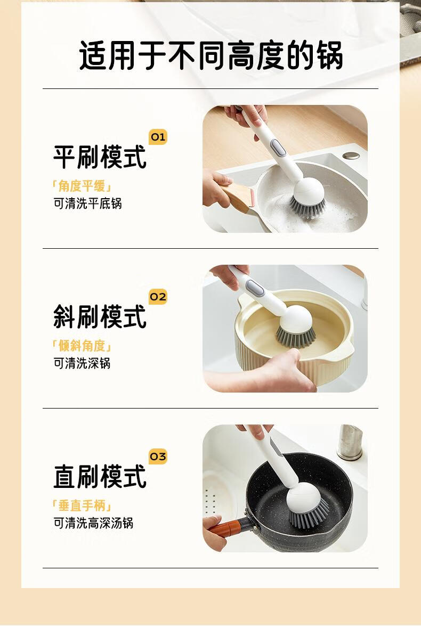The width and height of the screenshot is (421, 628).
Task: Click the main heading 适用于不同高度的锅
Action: pos(210,55)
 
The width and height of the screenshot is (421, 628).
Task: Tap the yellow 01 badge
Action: pos(158,137)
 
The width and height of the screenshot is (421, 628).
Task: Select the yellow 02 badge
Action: pos(158,297)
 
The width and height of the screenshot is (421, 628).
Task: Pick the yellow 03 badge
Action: pos(158,456)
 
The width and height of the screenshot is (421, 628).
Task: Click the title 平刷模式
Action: pos(100,158)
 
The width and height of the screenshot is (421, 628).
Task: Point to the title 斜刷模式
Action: pos(100,317)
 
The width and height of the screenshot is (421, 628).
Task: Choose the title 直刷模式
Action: pos(100,477)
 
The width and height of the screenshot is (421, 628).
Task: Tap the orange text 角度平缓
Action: pos(82,186)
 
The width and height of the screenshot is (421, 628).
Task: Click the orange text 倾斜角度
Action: pos(82,346)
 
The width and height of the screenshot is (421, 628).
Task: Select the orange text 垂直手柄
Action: pos(82,505)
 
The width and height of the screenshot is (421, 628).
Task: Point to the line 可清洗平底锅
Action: pos(88,203)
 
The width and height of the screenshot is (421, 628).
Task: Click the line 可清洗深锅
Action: pos(82,363)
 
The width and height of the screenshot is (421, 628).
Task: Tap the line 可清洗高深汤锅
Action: pos(93,523)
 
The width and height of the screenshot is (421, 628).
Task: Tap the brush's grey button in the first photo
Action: pos(278,148)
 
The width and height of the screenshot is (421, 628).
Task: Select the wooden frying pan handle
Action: pos(238,198)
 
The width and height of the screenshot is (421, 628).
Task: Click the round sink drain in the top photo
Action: pos(351,156)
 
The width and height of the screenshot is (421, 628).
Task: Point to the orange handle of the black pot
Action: pos(226,528)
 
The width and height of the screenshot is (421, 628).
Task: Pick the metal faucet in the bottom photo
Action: pos(350,442)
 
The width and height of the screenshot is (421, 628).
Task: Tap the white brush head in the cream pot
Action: pos(296,317)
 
